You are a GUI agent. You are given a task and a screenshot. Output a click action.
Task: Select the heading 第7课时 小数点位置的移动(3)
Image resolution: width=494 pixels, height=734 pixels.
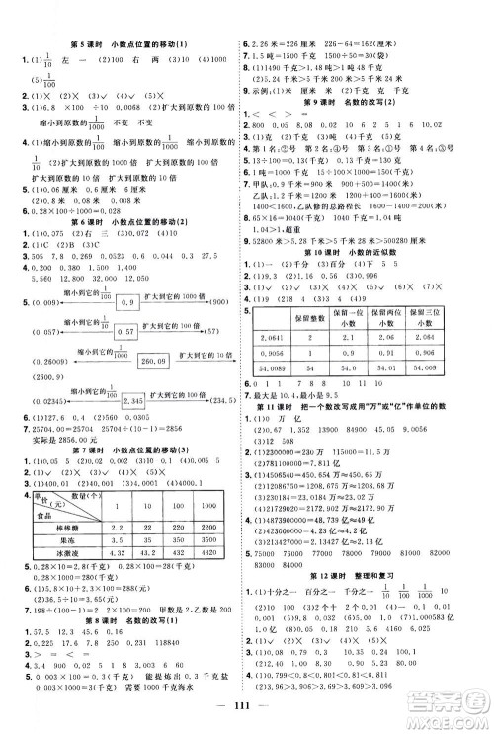(x=123, y=408)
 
